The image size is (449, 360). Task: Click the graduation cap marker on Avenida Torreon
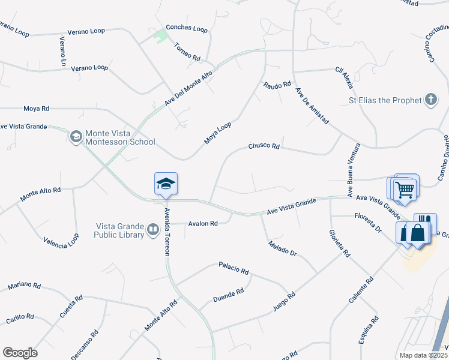tap(166, 184)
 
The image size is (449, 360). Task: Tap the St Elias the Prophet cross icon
tap(431, 100)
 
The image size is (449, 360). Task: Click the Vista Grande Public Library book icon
tap(153, 230)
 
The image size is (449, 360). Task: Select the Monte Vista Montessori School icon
tap(76, 137)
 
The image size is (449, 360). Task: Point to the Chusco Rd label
tap(264, 146)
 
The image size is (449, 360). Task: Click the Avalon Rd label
tap(202, 224)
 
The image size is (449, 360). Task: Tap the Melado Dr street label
tap(283, 249)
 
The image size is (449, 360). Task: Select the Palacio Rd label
tap(234, 268)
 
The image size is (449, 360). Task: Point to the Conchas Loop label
tap(187, 29)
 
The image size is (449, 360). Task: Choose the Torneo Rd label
tap(187, 52)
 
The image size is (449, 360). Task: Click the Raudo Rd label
tap(277, 85)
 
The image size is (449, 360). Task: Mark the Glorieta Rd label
tap(339, 244)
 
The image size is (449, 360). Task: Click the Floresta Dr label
tap(369, 222)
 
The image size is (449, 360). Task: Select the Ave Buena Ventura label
tap(352, 169)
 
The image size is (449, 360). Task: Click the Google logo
tap(20, 352)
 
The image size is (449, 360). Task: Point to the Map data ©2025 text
tap(423, 355)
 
